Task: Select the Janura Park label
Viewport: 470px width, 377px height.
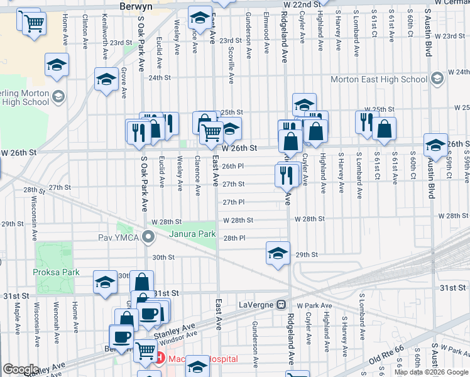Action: (x=192, y=234)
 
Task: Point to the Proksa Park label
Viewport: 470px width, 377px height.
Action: (x=57, y=273)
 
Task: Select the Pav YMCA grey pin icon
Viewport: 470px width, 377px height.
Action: (x=149, y=237)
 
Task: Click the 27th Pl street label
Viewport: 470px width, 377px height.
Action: (x=233, y=202)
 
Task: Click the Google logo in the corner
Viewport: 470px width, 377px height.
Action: (x=21, y=369)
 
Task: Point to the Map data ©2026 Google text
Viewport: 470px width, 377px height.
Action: (x=431, y=372)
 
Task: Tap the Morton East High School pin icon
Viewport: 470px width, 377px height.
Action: (x=437, y=79)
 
